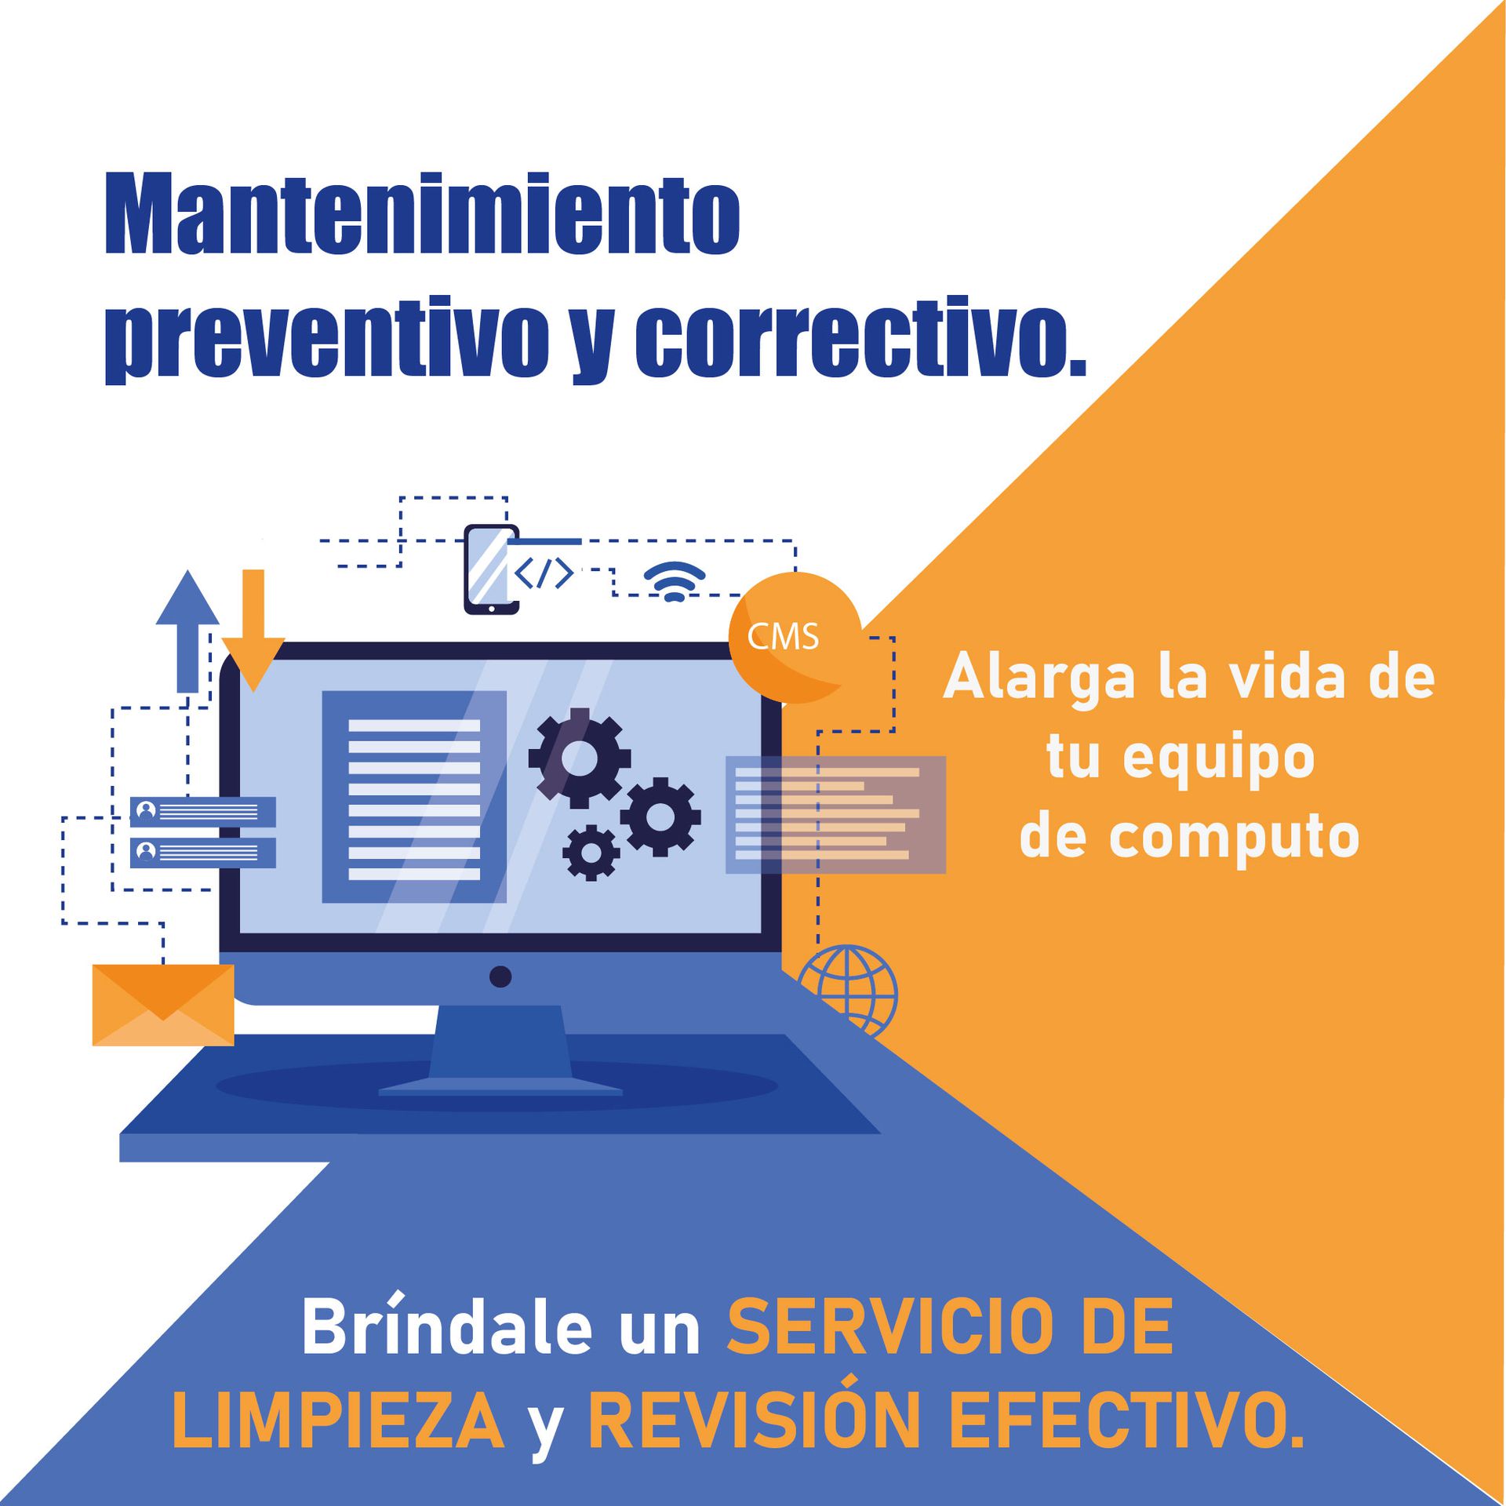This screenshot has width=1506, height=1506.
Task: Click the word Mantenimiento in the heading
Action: [x=422, y=213]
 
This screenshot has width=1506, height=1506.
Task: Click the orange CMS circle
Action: [x=795, y=637]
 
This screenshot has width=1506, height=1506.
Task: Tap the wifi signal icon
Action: [x=675, y=581]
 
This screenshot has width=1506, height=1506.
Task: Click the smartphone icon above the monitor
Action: [x=492, y=569]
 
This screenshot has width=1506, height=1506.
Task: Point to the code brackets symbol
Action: [x=544, y=573]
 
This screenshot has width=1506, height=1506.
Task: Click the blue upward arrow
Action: [x=187, y=631]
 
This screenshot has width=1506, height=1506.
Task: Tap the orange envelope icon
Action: [x=163, y=1005]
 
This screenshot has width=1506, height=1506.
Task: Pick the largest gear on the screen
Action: [x=580, y=758]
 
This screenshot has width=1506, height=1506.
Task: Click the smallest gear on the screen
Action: [x=591, y=852]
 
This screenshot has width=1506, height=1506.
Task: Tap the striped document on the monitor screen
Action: [x=414, y=796]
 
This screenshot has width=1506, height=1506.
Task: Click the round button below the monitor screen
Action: [x=500, y=977]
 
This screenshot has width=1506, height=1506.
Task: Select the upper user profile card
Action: [x=202, y=812]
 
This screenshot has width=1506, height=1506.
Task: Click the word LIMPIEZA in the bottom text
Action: [x=338, y=1421]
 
